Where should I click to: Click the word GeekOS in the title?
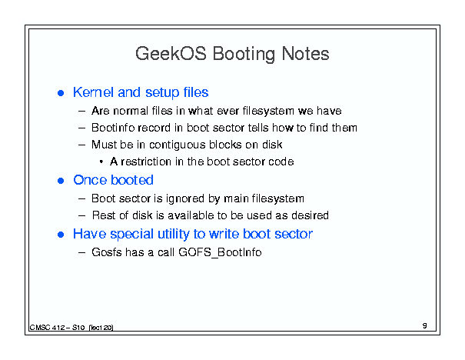(171, 54)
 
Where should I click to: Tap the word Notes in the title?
(305, 54)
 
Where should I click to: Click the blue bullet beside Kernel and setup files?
(61, 93)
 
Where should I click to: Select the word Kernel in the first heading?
(94, 92)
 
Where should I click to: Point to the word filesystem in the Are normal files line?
(268, 111)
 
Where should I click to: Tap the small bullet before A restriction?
(101, 162)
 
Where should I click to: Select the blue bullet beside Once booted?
(61, 181)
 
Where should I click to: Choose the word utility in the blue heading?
(173, 234)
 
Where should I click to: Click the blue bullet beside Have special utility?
(61, 235)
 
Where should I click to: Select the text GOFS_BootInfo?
(220, 252)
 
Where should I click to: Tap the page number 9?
(425, 325)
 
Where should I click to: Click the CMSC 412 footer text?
(71, 328)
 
